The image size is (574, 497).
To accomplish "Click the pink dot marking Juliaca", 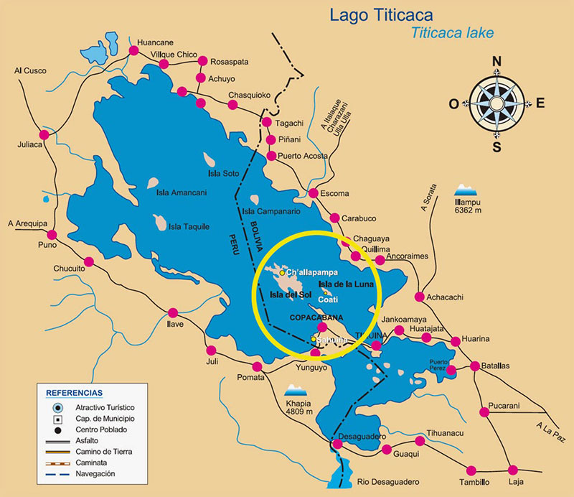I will click(44, 134).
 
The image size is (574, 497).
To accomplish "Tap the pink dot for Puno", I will click(52, 234).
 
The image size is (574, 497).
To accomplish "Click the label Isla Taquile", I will click(189, 227).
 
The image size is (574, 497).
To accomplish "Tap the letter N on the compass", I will click(496, 62).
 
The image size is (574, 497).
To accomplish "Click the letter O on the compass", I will click(453, 103).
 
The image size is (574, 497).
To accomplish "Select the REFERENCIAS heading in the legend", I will click(74, 393).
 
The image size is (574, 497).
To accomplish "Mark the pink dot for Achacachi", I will click(419, 297).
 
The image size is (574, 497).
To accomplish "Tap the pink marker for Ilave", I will click(172, 312).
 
